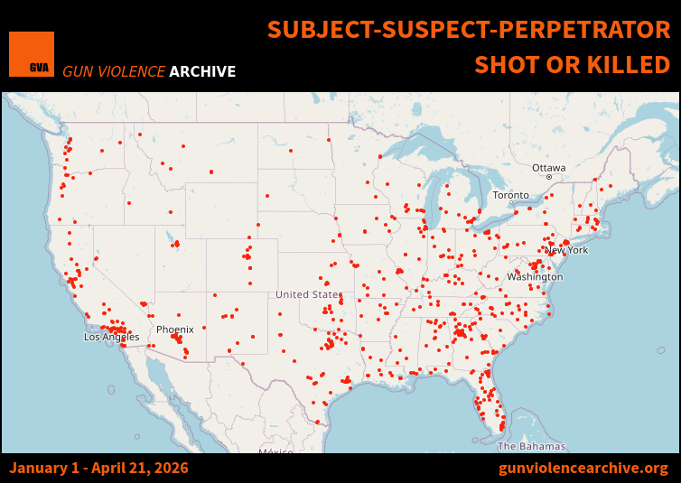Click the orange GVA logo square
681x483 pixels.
[32, 54]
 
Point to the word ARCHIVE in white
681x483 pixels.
[202, 71]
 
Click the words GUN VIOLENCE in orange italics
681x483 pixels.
[114, 71]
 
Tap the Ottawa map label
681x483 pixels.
[548, 168]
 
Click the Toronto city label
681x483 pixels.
[510, 195]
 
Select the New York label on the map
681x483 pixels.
[566, 250]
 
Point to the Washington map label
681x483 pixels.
[535, 276]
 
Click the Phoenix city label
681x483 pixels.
[174, 330]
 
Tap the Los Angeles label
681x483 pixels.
[112, 337]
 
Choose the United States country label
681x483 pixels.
[308, 294]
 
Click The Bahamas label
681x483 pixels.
[531, 446]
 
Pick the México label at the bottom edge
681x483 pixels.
[275, 450]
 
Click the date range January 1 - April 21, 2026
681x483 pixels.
[99, 468]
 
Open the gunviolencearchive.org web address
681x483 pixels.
[583, 468]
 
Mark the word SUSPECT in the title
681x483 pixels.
[432, 30]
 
